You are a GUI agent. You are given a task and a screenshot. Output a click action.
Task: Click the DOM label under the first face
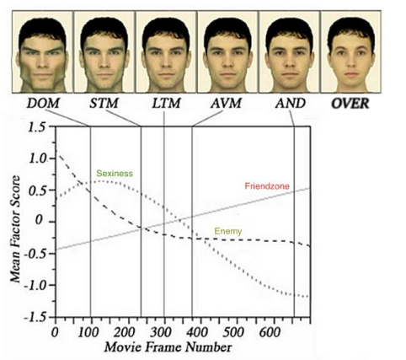[43, 103]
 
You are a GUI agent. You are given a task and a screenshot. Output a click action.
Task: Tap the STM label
[104, 103]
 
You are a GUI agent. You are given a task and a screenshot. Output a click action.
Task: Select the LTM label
[166, 103]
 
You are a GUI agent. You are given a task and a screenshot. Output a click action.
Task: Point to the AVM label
[227, 103]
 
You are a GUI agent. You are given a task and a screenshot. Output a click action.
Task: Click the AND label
[291, 103]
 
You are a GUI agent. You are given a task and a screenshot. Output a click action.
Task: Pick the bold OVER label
[350, 104]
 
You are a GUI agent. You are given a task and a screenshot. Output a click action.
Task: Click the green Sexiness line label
[115, 174]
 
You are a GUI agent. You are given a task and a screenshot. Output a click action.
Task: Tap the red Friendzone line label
[267, 186]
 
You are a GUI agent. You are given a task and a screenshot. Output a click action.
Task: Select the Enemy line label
[228, 231]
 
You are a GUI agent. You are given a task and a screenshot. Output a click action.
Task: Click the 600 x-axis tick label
[270, 333]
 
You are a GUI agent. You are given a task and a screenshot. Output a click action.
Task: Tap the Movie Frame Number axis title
[168, 347]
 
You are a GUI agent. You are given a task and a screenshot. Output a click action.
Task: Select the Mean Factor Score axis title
[15, 229]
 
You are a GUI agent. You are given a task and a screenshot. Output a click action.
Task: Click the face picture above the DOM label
[42, 51]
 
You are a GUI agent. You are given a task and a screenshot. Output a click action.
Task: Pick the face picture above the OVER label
[351, 51]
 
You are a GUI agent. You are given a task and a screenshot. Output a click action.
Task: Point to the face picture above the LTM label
[166, 51]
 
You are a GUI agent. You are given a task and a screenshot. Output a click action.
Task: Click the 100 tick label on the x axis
[88, 333]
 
